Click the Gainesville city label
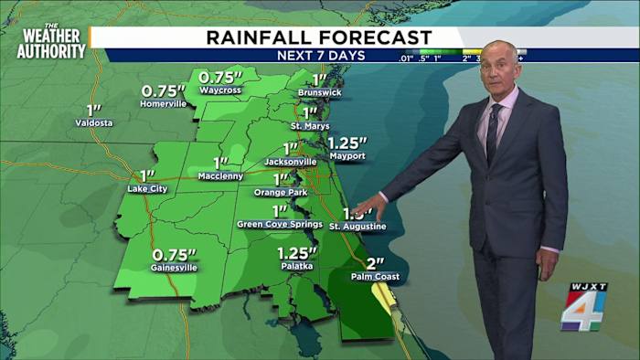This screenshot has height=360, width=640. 174,268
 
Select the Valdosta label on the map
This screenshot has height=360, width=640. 93,122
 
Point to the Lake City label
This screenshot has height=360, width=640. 147,189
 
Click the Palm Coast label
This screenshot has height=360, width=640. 375,276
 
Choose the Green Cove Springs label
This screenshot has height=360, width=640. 280,224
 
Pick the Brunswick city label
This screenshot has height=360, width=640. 319,93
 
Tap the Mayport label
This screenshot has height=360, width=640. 347,156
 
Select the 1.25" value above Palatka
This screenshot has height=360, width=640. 298,252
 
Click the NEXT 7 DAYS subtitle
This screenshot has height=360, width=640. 321,56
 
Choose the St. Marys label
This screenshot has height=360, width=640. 310,125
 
